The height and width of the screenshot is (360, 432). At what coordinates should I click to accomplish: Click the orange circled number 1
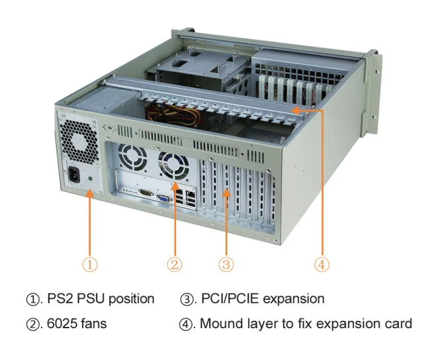click(x=90, y=264)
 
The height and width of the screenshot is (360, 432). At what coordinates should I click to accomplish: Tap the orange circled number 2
click(x=174, y=264)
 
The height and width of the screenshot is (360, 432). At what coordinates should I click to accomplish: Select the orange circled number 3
click(x=226, y=264)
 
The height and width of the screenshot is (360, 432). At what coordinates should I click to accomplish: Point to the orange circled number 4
click(x=322, y=264)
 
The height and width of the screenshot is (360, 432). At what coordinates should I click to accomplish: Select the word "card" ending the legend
click(x=398, y=324)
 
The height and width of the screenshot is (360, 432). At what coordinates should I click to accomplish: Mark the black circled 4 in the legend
click(x=186, y=325)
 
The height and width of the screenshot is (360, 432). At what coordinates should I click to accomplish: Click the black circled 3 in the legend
click(x=186, y=300)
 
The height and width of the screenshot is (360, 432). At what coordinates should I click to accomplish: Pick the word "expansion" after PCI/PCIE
click(x=294, y=299)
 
